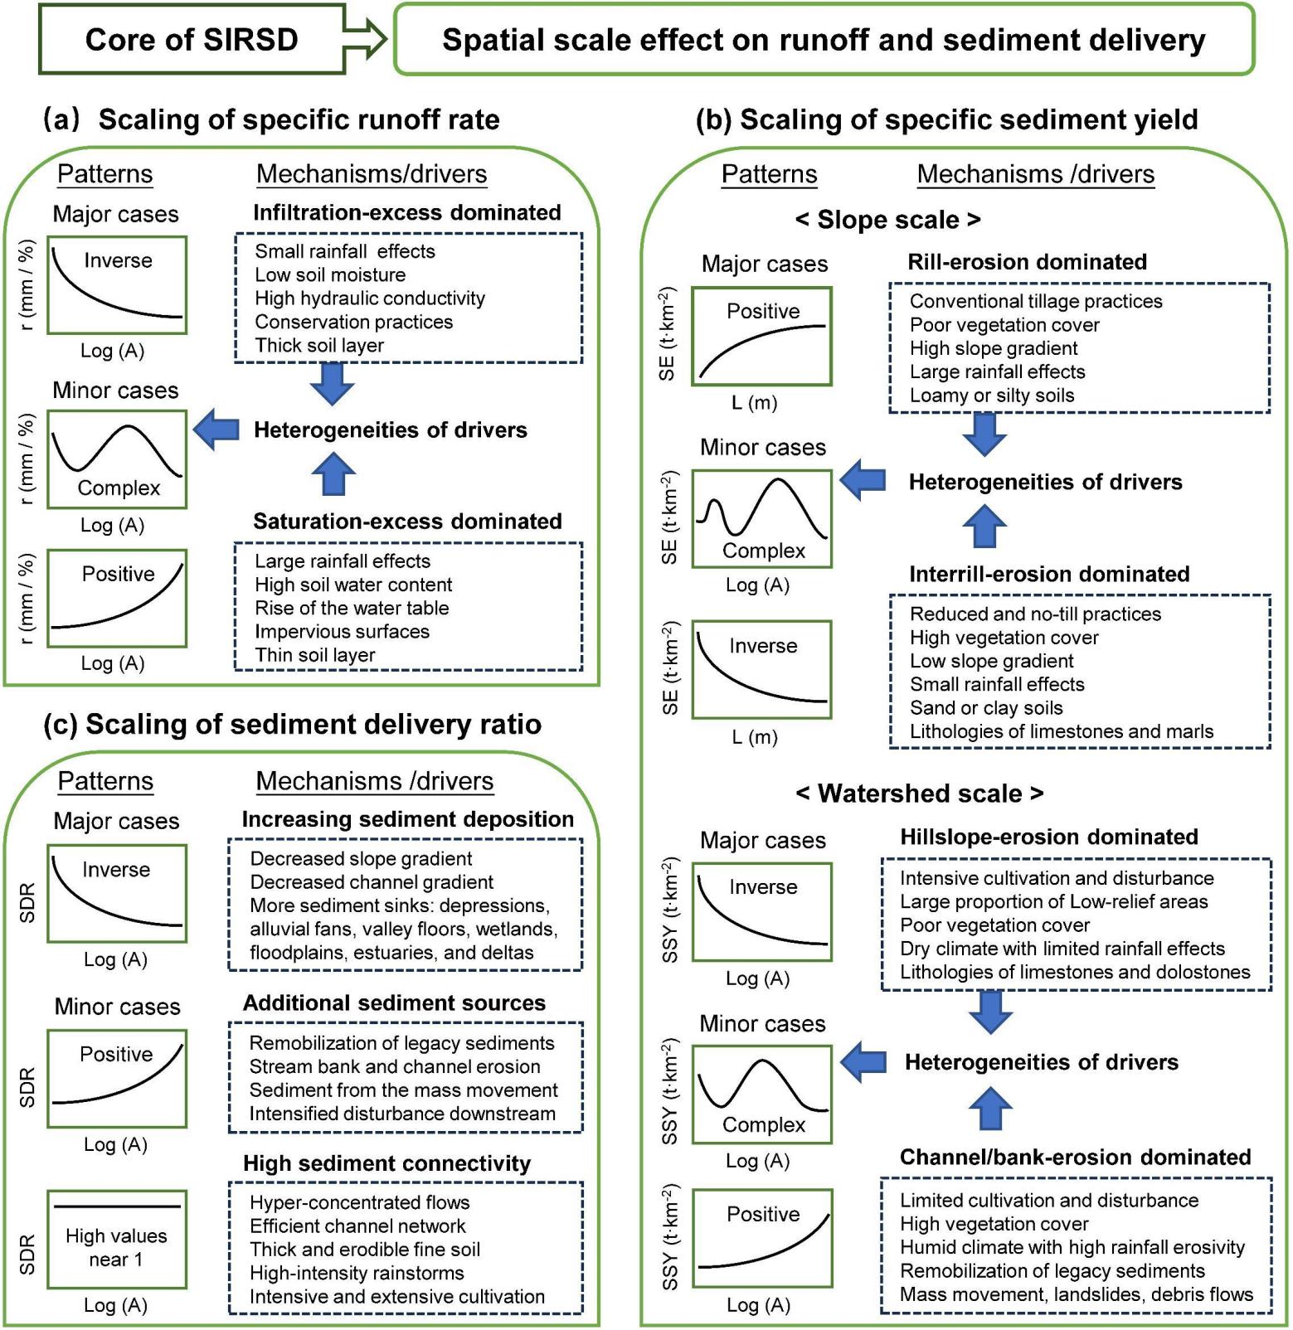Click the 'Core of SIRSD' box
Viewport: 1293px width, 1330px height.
191,40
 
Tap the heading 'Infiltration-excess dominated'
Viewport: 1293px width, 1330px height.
406,212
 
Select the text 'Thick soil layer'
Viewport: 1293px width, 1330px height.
319,345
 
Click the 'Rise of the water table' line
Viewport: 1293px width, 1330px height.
352,608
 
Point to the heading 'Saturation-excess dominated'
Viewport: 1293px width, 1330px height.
407,521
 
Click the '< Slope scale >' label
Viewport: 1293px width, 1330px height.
887,220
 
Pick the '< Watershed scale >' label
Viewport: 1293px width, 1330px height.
919,794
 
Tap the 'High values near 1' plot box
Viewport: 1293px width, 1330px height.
117,1240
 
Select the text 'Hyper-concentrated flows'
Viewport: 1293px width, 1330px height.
360,1202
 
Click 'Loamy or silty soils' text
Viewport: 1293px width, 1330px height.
992,396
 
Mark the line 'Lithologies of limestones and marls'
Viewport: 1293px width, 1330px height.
1062,731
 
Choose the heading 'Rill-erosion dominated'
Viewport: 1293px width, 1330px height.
1027,262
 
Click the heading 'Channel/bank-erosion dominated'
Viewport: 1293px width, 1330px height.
1075,1158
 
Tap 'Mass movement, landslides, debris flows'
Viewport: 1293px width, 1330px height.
1077,1294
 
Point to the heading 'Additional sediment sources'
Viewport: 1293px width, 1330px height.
394,1003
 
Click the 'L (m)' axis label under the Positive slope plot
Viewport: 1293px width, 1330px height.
754,403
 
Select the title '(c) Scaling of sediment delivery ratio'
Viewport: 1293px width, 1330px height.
292,725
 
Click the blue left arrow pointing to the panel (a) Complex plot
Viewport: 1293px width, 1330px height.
216,430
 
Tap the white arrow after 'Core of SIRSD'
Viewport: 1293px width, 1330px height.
366,40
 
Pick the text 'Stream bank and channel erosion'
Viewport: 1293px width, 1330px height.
395,1066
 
